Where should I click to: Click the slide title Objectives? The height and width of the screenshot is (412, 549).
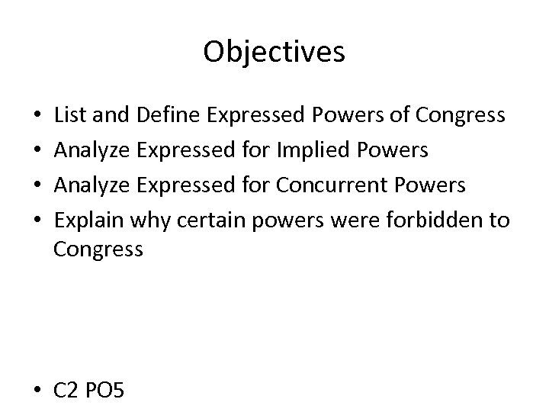(x=274, y=52)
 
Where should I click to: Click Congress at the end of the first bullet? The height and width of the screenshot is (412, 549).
(x=461, y=115)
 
